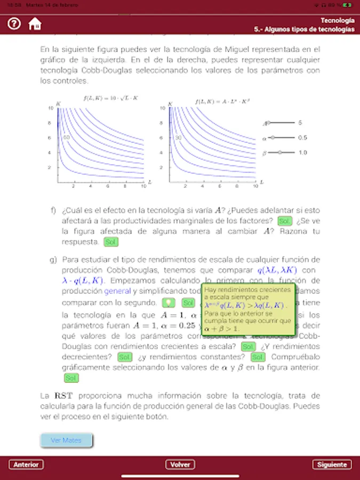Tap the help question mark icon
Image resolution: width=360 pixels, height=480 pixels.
14,24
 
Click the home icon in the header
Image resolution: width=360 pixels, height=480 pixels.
35,24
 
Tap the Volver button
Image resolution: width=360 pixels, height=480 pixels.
180,465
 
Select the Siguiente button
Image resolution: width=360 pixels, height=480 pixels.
332,465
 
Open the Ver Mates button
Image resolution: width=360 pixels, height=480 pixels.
66,441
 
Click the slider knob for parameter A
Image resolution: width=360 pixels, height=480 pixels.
268,123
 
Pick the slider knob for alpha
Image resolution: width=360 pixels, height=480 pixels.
273,138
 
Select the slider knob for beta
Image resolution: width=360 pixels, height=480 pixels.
280,153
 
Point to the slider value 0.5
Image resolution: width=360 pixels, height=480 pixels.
302,138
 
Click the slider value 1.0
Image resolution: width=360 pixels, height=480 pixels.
302,153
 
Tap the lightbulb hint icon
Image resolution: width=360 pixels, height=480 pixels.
169,302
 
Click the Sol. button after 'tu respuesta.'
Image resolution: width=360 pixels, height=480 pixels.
111,242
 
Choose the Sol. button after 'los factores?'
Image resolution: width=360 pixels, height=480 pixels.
285,221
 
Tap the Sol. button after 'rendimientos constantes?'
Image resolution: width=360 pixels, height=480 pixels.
258,357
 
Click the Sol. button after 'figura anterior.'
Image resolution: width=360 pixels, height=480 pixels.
71,378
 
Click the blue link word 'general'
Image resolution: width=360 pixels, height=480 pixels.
117,291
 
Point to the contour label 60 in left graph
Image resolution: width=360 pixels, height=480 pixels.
67,138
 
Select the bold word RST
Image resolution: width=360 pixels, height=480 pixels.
59,396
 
